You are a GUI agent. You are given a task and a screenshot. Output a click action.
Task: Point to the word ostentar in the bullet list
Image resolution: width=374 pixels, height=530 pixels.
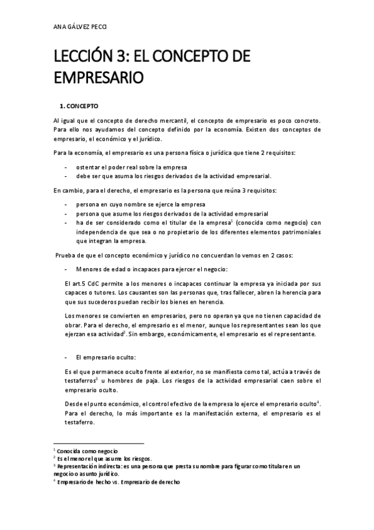tap(91, 167)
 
